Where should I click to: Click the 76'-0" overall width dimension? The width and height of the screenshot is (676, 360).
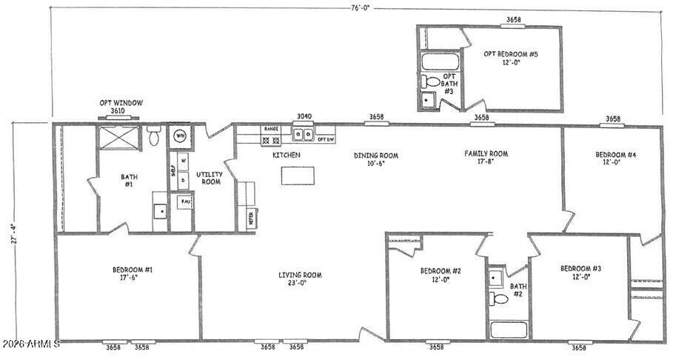pyautogui.click(x=360, y=8)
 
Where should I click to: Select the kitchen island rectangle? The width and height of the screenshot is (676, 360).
pyautogui.click(x=298, y=175)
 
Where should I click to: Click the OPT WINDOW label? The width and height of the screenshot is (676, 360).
pyautogui.click(x=121, y=103)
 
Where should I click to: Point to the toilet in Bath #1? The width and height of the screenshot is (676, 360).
pyautogui.click(x=154, y=137)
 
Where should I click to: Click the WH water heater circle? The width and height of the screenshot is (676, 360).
pyautogui.click(x=180, y=136)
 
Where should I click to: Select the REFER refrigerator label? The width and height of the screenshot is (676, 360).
pyautogui.click(x=250, y=218)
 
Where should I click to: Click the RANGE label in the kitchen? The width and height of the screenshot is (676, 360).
pyautogui.click(x=271, y=129)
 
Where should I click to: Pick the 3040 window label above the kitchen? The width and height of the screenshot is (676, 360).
pyautogui.click(x=304, y=116)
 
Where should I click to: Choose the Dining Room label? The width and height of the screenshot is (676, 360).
pyautogui.click(x=375, y=159)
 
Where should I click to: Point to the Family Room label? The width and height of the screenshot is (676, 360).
pyautogui.click(x=486, y=158)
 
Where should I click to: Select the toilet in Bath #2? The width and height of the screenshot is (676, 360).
pyautogui.click(x=500, y=299)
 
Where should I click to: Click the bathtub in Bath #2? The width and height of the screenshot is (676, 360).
pyautogui.click(x=509, y=329)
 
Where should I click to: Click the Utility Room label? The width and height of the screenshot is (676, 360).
pyautogui.click(x=209, y=177)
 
